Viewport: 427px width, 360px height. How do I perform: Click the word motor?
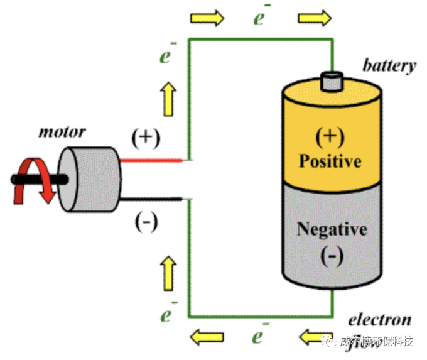point(62,132)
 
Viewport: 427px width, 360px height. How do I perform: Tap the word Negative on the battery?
point(332,229)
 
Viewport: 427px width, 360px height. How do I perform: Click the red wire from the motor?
point(151,160)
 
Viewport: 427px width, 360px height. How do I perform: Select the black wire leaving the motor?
point(151,199)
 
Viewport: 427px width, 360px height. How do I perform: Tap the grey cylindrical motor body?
point(91,179)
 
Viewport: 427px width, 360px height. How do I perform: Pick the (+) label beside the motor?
point(146,137)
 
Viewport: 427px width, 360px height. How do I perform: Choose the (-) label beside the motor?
point(146,222)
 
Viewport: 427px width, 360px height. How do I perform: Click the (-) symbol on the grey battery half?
point(331,256)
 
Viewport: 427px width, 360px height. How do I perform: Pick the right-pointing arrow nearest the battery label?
point(314,18)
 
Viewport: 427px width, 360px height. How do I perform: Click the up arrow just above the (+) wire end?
point(168,101)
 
